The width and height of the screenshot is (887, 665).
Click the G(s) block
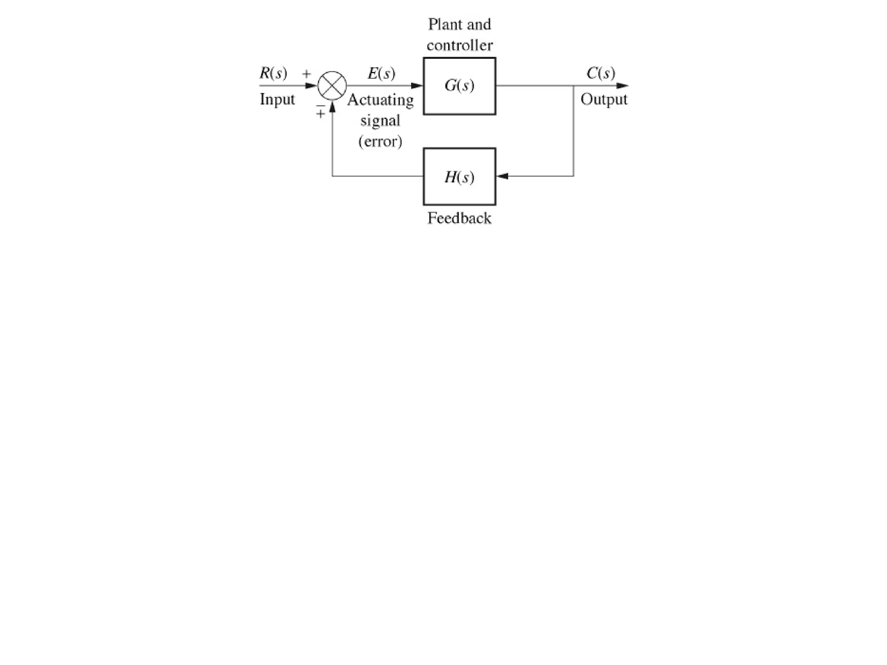(459, 86)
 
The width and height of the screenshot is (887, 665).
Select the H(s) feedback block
(459, 177)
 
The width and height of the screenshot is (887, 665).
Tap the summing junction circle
(332, 86)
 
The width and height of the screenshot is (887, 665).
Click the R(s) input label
(273, 73)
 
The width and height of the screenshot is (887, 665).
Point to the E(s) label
(381, 73)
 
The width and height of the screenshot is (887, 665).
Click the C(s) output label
(601, 73)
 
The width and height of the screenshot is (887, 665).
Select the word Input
(277, 99)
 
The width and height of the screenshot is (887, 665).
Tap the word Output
(604, 99)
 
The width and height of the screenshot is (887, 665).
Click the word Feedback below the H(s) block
(459, 218)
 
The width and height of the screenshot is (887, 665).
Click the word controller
(460, 45)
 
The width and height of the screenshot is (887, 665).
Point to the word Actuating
(380, 100)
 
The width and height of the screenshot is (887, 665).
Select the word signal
(380, 120)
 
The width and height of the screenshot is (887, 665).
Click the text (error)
(380, 141)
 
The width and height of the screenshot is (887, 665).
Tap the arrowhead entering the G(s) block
(417, 86)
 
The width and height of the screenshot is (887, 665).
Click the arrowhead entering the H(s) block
(502, 176)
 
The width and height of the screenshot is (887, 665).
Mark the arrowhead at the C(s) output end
(622, 86)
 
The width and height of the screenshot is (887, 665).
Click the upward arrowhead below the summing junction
(332, 107)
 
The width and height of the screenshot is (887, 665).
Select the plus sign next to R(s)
(307, 74)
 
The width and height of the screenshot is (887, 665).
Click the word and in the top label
(479, 24)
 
